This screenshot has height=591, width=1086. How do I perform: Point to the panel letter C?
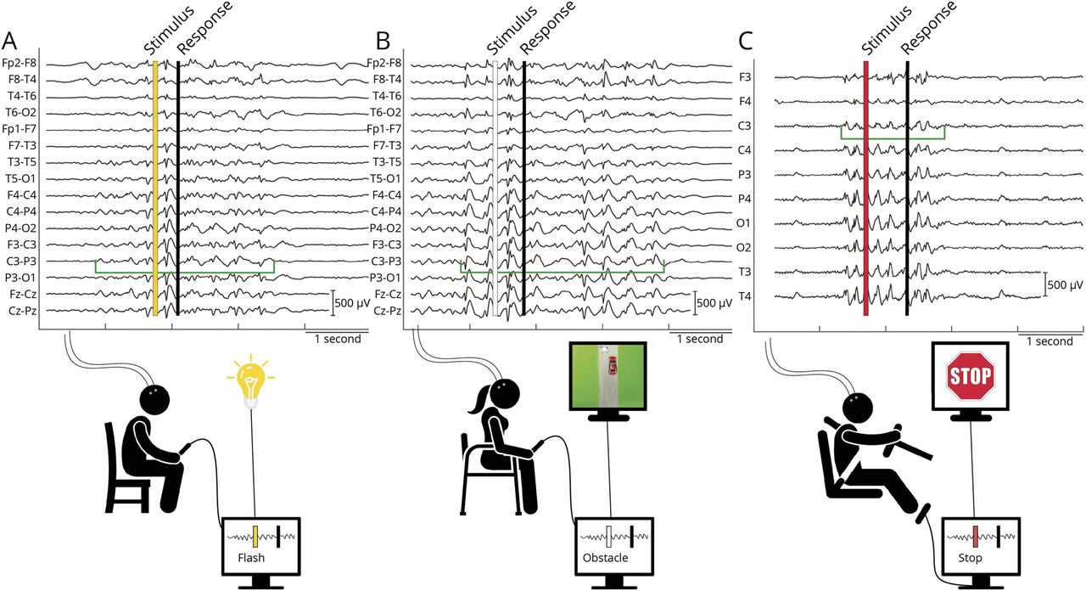tap(746, 40)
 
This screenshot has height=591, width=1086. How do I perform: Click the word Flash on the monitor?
tap(250, 558)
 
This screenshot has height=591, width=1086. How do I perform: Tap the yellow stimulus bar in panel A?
tap(154, 187)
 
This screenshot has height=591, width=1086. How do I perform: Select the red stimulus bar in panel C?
tap(865, 187)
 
